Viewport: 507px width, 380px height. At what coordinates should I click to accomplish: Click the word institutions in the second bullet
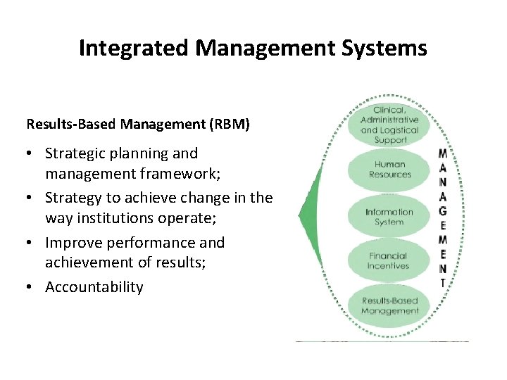tap(106, 217)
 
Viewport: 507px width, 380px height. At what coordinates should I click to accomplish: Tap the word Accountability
tap(94, 287)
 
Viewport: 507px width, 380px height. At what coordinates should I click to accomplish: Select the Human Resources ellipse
tap(389, 169)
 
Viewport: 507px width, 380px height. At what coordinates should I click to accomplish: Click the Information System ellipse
tap(389, 217)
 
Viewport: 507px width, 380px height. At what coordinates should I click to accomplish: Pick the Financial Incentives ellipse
tap(388, 261)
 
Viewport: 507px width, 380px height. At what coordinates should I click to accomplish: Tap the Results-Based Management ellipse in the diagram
tap(389, 305)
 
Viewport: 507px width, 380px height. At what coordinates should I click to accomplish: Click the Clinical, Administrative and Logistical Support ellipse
tap(389, 125)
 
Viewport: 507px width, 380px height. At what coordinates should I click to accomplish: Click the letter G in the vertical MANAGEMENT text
tap(442, 211)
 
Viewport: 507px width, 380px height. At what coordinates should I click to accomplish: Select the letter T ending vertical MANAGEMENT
tap(442, 283)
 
